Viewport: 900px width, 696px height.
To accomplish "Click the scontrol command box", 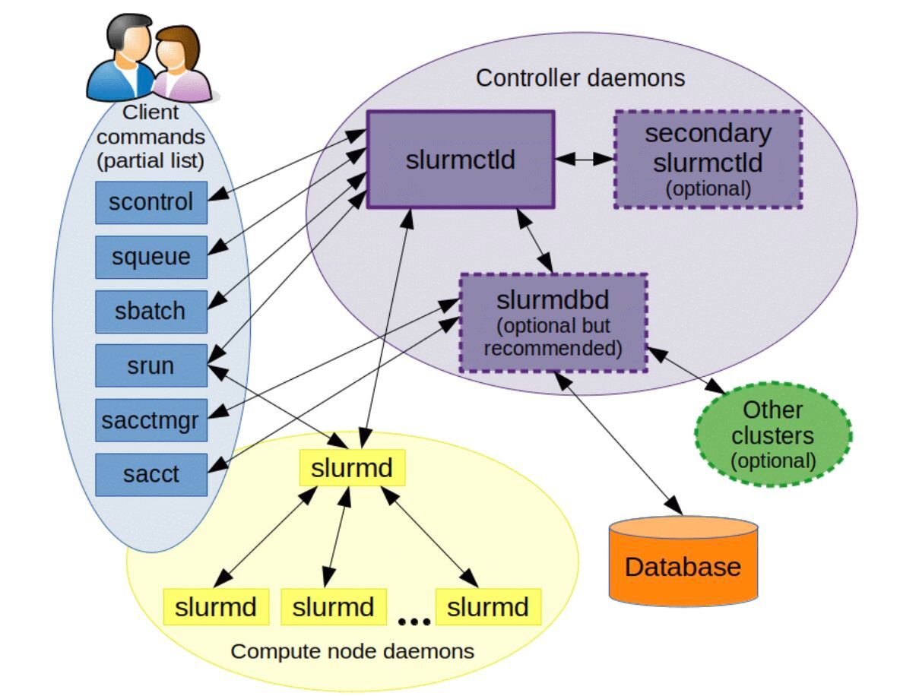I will click(x=151, y=203).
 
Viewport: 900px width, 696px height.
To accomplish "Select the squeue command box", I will click(x=151, y=257).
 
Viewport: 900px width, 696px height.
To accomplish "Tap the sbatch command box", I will click(x=151, y=311).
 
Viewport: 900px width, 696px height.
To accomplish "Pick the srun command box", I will click(x=151, y=365).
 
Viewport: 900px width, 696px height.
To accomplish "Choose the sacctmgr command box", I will click(x=151, y=419).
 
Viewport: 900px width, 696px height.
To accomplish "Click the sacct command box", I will click(x=151, y=474).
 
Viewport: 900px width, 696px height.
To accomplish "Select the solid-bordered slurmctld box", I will click(x=461, y=160).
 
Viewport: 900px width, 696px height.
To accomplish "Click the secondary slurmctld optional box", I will click(x=708, y=160).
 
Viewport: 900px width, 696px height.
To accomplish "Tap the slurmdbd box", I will click(x=553, y=322).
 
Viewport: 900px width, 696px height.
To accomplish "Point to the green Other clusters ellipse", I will click(x=772, y=434).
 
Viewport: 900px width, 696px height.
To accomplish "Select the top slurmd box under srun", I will click(x=352, y=467).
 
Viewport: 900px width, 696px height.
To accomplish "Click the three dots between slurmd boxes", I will click(x=414, y=622).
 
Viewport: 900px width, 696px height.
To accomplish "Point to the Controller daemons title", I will click(x=580, y=78).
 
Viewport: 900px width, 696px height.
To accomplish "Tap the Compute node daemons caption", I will click(x=352, y=651).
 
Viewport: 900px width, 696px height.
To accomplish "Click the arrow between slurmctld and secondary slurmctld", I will click(x=584, y=160).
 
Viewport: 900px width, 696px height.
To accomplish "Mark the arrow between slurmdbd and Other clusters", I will click(x=681, y=370).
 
